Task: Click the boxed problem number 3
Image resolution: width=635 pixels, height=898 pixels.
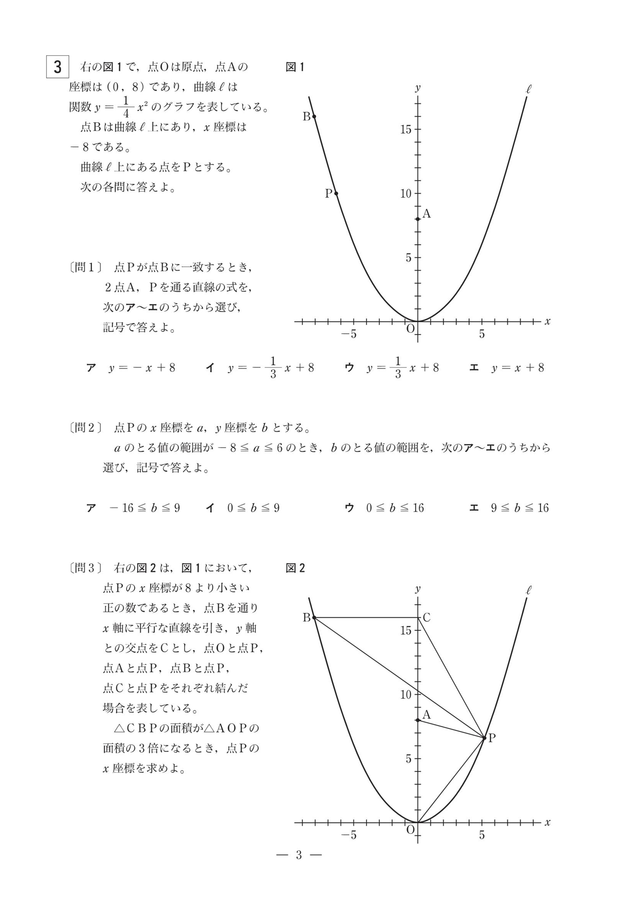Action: point(58,67)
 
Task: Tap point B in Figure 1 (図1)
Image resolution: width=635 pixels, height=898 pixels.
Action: point(314,116)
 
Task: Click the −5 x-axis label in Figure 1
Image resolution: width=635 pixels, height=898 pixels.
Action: point(349,334)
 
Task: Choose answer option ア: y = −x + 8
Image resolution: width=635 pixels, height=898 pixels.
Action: point(131,368)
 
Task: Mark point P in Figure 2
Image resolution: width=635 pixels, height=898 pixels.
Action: point(485,738)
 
